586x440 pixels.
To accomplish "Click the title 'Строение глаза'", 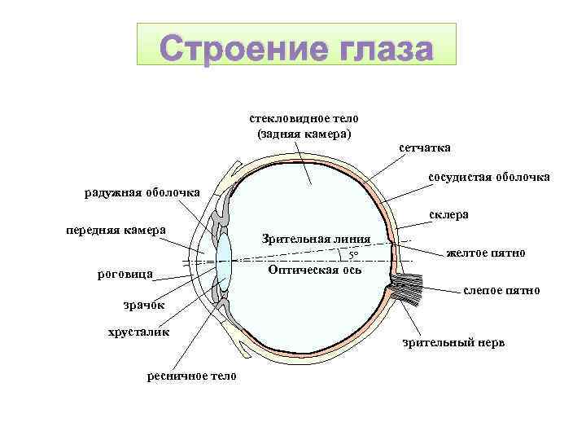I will point(295,46).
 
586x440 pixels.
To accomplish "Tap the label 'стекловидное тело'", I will point(304,118).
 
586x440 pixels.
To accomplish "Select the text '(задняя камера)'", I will point(304,133).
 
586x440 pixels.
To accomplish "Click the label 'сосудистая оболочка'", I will point(488,177).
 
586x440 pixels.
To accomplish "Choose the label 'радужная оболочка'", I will point(142,192).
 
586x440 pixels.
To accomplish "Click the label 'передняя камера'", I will point(116,230).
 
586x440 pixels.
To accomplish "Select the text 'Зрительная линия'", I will point(317,239).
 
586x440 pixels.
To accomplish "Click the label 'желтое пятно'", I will point(485,253).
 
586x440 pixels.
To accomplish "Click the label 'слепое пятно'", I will point(501,289).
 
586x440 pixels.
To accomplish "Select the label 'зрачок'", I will point(143,306).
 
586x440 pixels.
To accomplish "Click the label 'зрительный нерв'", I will point(454,342).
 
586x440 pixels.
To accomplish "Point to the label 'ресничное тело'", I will point(192,376).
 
